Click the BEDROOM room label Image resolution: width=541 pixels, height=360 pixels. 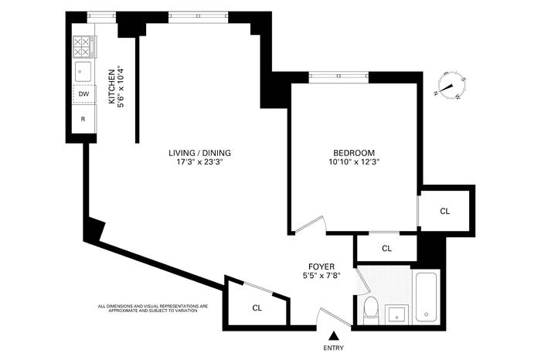coord(354,153)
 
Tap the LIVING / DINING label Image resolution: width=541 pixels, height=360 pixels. coord(199,153)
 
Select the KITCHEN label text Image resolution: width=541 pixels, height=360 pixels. coord(111,87)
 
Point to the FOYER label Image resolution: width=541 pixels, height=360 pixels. coord(322,267)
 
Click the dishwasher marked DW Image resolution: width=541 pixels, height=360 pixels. coord(83,93)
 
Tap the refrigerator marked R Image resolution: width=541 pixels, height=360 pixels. coord(83,119)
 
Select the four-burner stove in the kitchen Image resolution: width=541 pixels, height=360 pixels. coord(83,47)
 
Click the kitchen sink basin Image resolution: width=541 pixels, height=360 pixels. coord(83,71)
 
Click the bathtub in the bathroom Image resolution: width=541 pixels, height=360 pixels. coord(427,297)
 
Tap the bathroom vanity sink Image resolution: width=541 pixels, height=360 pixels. coord(396,314)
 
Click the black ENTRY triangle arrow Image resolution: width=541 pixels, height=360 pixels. coord(333,335)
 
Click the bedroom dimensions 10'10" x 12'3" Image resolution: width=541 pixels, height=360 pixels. coord(354,161)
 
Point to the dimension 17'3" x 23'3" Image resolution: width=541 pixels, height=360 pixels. coord(200,161)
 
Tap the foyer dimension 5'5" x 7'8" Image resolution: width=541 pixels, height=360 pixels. coord(322,276)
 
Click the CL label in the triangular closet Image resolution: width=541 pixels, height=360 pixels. coord(257,308)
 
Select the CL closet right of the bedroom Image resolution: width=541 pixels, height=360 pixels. coord(445,211)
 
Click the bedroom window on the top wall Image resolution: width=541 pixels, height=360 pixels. coord(339,76)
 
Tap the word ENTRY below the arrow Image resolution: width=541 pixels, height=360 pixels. coord(333,348)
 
